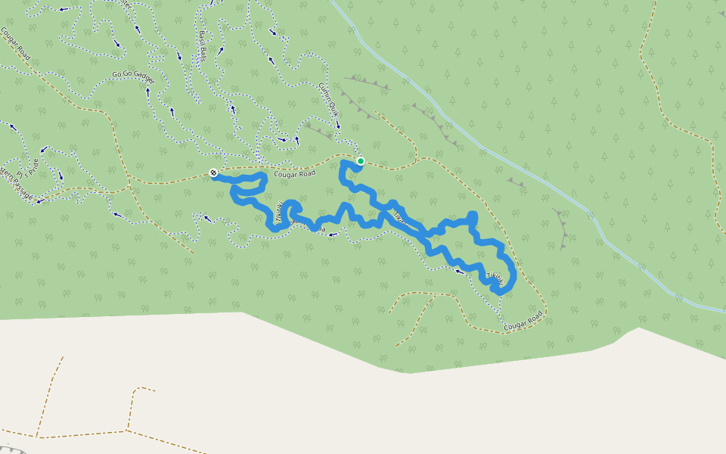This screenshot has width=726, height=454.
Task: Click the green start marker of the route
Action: pyautogui.click(x=361, y=161)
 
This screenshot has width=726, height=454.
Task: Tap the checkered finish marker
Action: pyautogui.click(x=214, y=173)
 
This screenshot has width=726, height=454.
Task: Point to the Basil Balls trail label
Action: pyautogui.click(x=203, y=46)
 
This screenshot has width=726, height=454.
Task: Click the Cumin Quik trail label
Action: pyautogui.click(x=327, y=98)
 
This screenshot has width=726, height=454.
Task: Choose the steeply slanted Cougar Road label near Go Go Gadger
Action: pyautogui.click(x=15, y=45)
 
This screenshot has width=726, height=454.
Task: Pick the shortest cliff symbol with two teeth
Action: pyautogui.click(x=517, y=182)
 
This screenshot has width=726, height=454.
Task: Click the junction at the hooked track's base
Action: pyautogui.click(x=127, y=431)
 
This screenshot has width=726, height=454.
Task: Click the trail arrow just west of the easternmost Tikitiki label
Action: pyautogui.click(x=459, y=270)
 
